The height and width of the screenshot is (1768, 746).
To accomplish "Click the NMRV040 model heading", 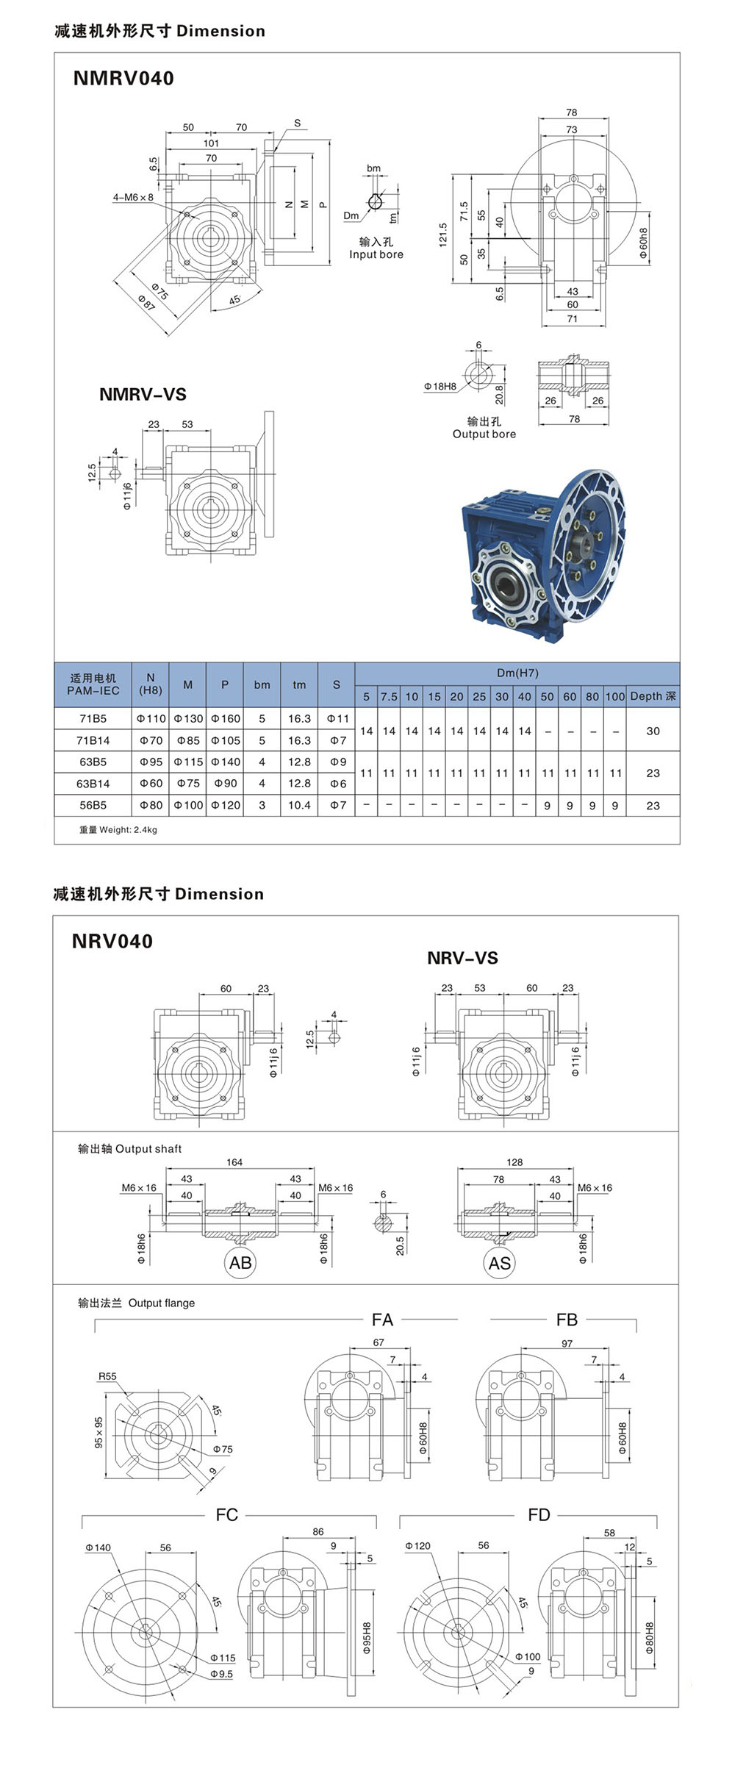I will [123, 79].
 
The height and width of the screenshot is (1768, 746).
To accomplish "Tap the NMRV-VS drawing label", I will [143, 394].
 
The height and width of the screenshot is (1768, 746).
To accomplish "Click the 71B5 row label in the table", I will [93, 718].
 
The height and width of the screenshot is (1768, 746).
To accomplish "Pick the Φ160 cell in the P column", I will [226, 718].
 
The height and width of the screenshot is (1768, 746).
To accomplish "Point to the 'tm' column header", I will [299, 684].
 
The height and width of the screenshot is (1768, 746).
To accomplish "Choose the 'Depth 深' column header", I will [653, 696].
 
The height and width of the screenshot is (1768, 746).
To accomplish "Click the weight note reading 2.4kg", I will [118, 830].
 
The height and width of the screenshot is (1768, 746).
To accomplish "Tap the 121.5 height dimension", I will [443, 235].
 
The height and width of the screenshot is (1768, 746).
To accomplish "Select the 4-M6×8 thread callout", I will [133, 197].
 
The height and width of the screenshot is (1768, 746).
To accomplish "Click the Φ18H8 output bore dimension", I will [440, 386].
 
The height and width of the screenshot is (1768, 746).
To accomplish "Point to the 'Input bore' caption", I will [376, 254].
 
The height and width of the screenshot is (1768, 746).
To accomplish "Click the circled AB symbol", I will [240, 1263].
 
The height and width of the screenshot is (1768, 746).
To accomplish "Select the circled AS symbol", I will [500, 1263].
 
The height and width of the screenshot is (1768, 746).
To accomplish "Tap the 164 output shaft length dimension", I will [234, 1162].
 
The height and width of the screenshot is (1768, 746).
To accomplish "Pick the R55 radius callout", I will [107, 1376].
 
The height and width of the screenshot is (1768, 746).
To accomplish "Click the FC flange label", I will [227, 1514].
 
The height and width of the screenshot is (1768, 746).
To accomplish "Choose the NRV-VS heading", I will [462, 958].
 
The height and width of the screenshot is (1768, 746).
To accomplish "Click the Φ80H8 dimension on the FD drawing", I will [650, 1638].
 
